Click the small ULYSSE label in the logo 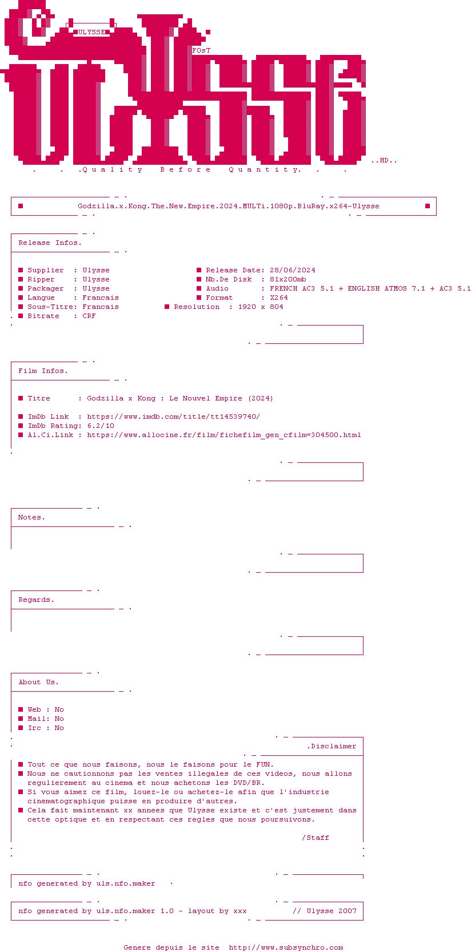(91, 32)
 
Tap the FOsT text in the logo (201, 50)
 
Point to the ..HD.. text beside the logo (384, 161)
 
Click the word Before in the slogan (185, 169)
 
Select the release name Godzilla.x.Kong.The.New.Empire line (229, 206)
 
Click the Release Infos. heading (50, 243)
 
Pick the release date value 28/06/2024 (293, 270)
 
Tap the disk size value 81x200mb (288, 279)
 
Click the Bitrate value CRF (89, 316)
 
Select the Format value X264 (279, 297)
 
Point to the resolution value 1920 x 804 (260, 307)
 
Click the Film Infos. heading (43, 371)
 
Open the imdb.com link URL (173, 416)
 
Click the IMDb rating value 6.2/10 (101, 426)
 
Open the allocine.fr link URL (224, 435)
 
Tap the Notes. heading (31, 517)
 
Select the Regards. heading (36, 600)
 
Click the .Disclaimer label (332, 746)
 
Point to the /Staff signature (315, 838)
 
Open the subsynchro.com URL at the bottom (286, 947)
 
